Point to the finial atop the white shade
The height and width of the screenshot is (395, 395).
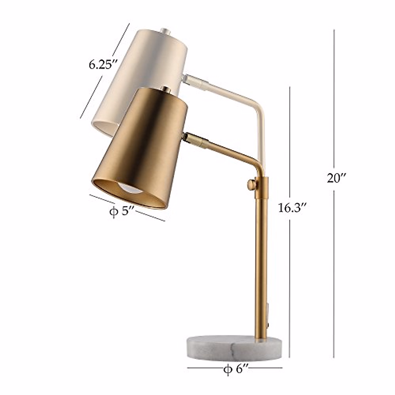coord(166,32)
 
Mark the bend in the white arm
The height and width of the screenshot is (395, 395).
coord(258,105)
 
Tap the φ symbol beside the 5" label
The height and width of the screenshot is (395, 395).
coord(113,211)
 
